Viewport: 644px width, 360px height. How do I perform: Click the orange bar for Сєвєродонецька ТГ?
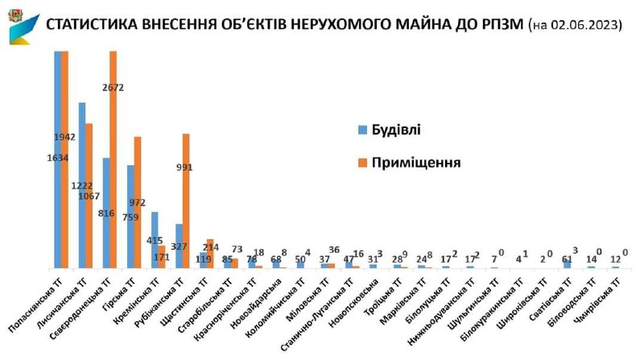(x=114, y=161)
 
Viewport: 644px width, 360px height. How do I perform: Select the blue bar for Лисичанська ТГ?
(x=82, y=185)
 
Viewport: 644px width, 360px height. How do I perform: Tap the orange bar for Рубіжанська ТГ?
(x=186, y=201)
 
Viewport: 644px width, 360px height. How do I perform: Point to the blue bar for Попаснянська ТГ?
(x=58, y=161)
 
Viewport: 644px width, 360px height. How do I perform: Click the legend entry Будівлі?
(x=390, y=129)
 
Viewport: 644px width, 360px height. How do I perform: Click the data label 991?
(x=185, y=168)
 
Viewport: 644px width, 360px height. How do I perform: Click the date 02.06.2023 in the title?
(x=584, y=25)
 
